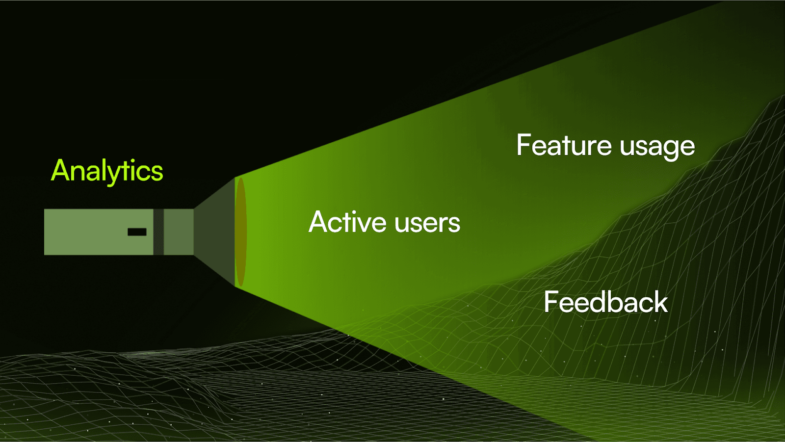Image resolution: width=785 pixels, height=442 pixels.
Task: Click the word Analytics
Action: point(107,171)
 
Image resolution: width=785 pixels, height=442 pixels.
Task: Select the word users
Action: point(427,223)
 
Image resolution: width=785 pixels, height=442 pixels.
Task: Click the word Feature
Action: point(564,146)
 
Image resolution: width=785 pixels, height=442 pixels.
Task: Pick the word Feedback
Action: point(605,302)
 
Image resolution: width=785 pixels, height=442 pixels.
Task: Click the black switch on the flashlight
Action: point(137,232)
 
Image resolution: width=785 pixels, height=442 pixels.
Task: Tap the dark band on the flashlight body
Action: point(158,232)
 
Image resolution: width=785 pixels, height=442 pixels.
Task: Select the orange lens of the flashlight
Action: point(240,232)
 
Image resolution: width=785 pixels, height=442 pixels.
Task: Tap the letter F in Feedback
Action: point(551,302)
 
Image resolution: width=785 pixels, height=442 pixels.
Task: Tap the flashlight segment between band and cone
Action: point(179,232)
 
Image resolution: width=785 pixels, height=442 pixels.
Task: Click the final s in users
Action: point(454,224)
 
